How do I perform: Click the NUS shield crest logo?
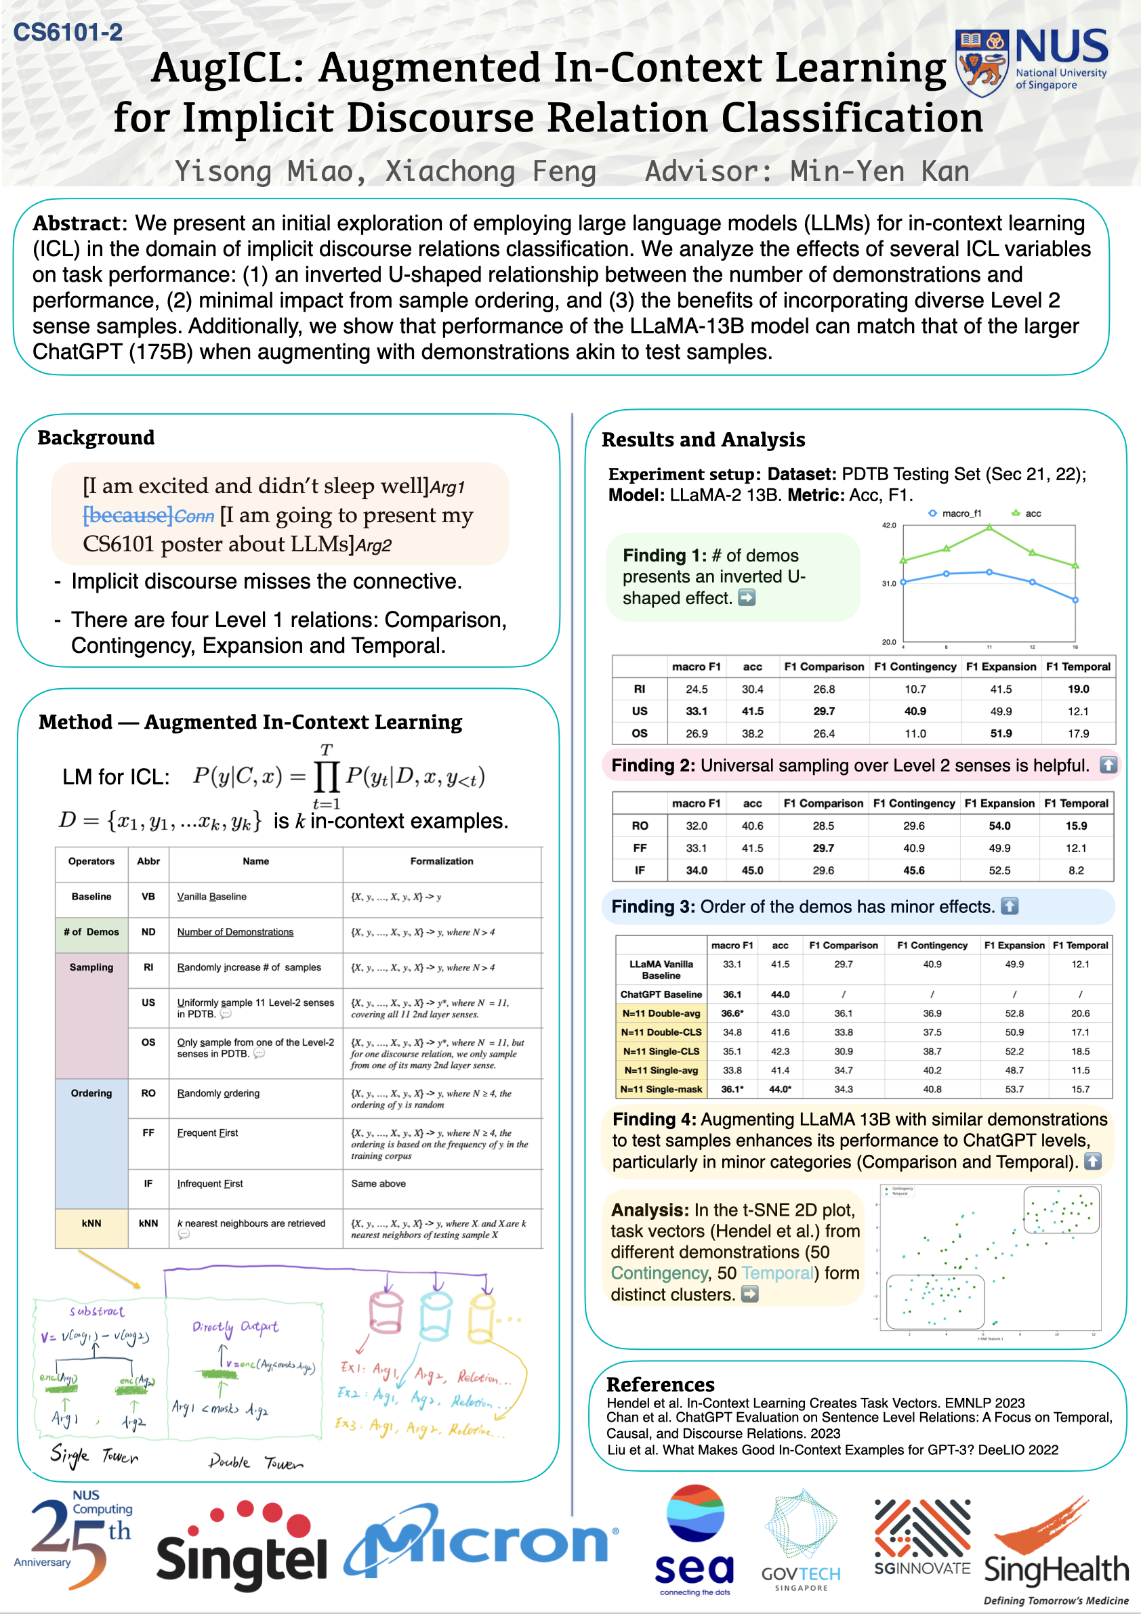981,63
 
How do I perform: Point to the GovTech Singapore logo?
801,1540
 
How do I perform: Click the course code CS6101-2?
68,33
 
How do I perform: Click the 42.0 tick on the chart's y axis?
889,525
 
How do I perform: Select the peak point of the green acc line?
989,526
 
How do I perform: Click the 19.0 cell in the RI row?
1078,689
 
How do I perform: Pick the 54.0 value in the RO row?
999,825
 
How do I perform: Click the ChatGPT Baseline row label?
661,994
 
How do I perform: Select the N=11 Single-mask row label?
661,1089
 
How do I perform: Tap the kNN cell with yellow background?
91,1223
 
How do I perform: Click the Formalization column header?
442,861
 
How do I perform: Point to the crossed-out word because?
127,515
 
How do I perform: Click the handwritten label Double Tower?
256,1462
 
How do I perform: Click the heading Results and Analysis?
703,440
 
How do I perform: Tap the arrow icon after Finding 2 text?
1108,765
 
